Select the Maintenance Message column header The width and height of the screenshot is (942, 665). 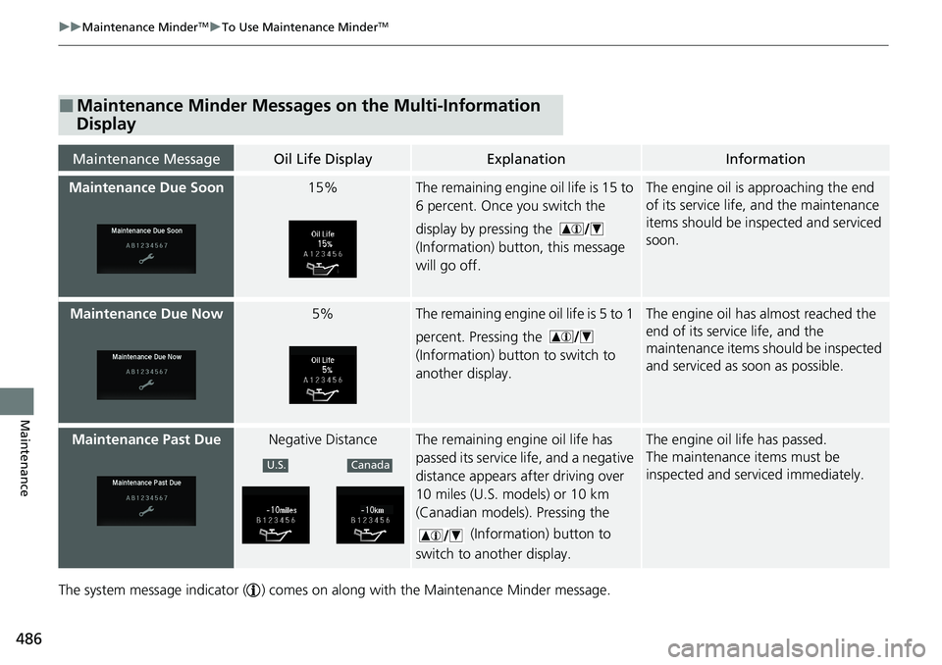[x=146, y=159]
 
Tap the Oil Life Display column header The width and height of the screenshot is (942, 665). [x=322, y=159]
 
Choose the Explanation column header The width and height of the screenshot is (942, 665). [x=526, y=159]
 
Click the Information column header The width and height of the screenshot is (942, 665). [x=765, y=159]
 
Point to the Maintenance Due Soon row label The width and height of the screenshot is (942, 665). [x=146, y=188]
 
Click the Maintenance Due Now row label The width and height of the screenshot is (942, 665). [x=146, y=314]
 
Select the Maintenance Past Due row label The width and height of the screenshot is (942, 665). [x=146, y=439]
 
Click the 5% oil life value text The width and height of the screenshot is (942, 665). [x=322, y=314]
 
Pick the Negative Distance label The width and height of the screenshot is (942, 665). [x=322, y=439]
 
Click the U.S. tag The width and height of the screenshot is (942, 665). [x=277, y=465]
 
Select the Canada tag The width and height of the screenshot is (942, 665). [x=369, y=465]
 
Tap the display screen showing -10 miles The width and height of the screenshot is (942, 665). [x=276, y=515]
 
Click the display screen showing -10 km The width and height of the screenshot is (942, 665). [x=370, y=515]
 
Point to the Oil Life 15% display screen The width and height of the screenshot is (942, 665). [x=323, y=249]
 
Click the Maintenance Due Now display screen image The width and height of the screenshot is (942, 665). [x=146, y=374]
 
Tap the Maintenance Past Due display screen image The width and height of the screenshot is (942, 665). [x=146, y=500]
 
